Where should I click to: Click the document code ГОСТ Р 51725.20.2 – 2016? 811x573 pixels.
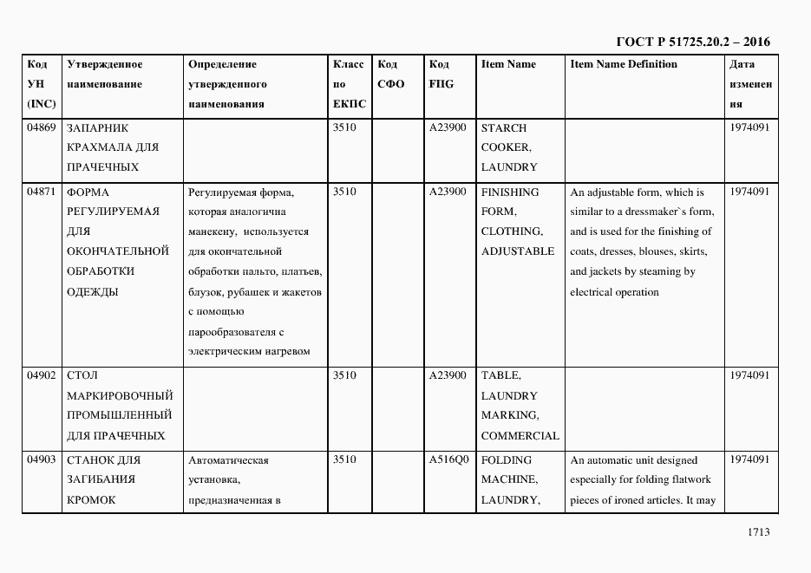(692, 42)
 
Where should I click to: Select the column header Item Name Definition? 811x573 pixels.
(624, 65)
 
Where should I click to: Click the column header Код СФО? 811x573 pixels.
(391, 75)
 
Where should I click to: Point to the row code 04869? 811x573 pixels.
(41, 128)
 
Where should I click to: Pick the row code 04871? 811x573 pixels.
(41, 192)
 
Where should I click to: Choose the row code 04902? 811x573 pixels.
(41, 376)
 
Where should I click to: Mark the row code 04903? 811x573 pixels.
(41, 460)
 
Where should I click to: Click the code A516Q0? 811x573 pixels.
(448, 460)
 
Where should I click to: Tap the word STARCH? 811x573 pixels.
(503, 128)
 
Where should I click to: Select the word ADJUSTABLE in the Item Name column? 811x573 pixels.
(518, 251)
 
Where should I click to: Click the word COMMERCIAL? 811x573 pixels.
(520, 436)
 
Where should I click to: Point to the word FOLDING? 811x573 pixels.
(507, 460)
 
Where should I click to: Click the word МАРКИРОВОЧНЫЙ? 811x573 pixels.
(119, 396)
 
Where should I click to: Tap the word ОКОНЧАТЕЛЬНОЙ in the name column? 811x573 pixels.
(117, 251)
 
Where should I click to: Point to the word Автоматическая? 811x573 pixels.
(228, 460)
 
